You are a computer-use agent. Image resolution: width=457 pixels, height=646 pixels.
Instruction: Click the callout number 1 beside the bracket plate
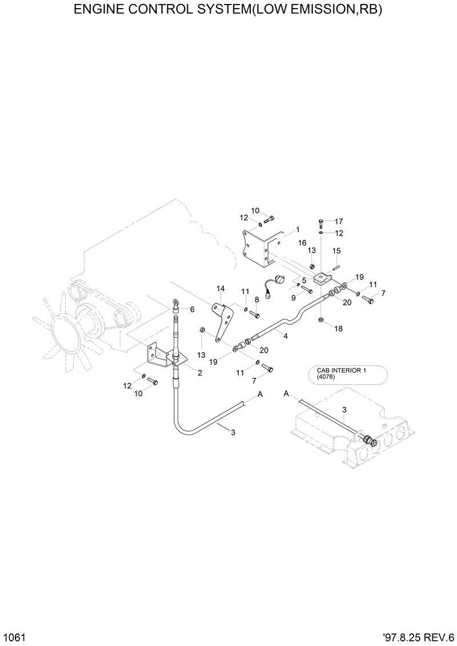[297, 230]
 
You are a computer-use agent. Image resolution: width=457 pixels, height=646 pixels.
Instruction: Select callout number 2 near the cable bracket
[199, 373]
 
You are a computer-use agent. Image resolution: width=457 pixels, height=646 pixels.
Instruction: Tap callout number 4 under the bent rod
[285, 336]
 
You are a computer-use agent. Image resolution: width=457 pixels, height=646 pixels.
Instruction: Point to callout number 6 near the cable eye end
[192, 309]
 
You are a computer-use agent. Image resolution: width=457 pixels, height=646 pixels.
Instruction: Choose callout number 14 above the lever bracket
[221, 289]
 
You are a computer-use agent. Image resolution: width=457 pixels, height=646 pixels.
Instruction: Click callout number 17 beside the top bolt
[338, 221]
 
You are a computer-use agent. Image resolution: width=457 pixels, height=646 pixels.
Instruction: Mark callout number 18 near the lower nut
[338, 329]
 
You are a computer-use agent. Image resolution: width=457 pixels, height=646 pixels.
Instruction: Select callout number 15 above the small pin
[336, 250]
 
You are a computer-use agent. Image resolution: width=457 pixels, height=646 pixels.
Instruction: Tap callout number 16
[302, 243]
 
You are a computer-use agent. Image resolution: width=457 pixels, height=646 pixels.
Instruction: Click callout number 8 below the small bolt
[257, 299]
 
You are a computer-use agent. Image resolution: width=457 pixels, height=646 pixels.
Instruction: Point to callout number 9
[293, 297]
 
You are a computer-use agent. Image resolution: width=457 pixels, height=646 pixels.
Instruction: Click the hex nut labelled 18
[322, 318]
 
